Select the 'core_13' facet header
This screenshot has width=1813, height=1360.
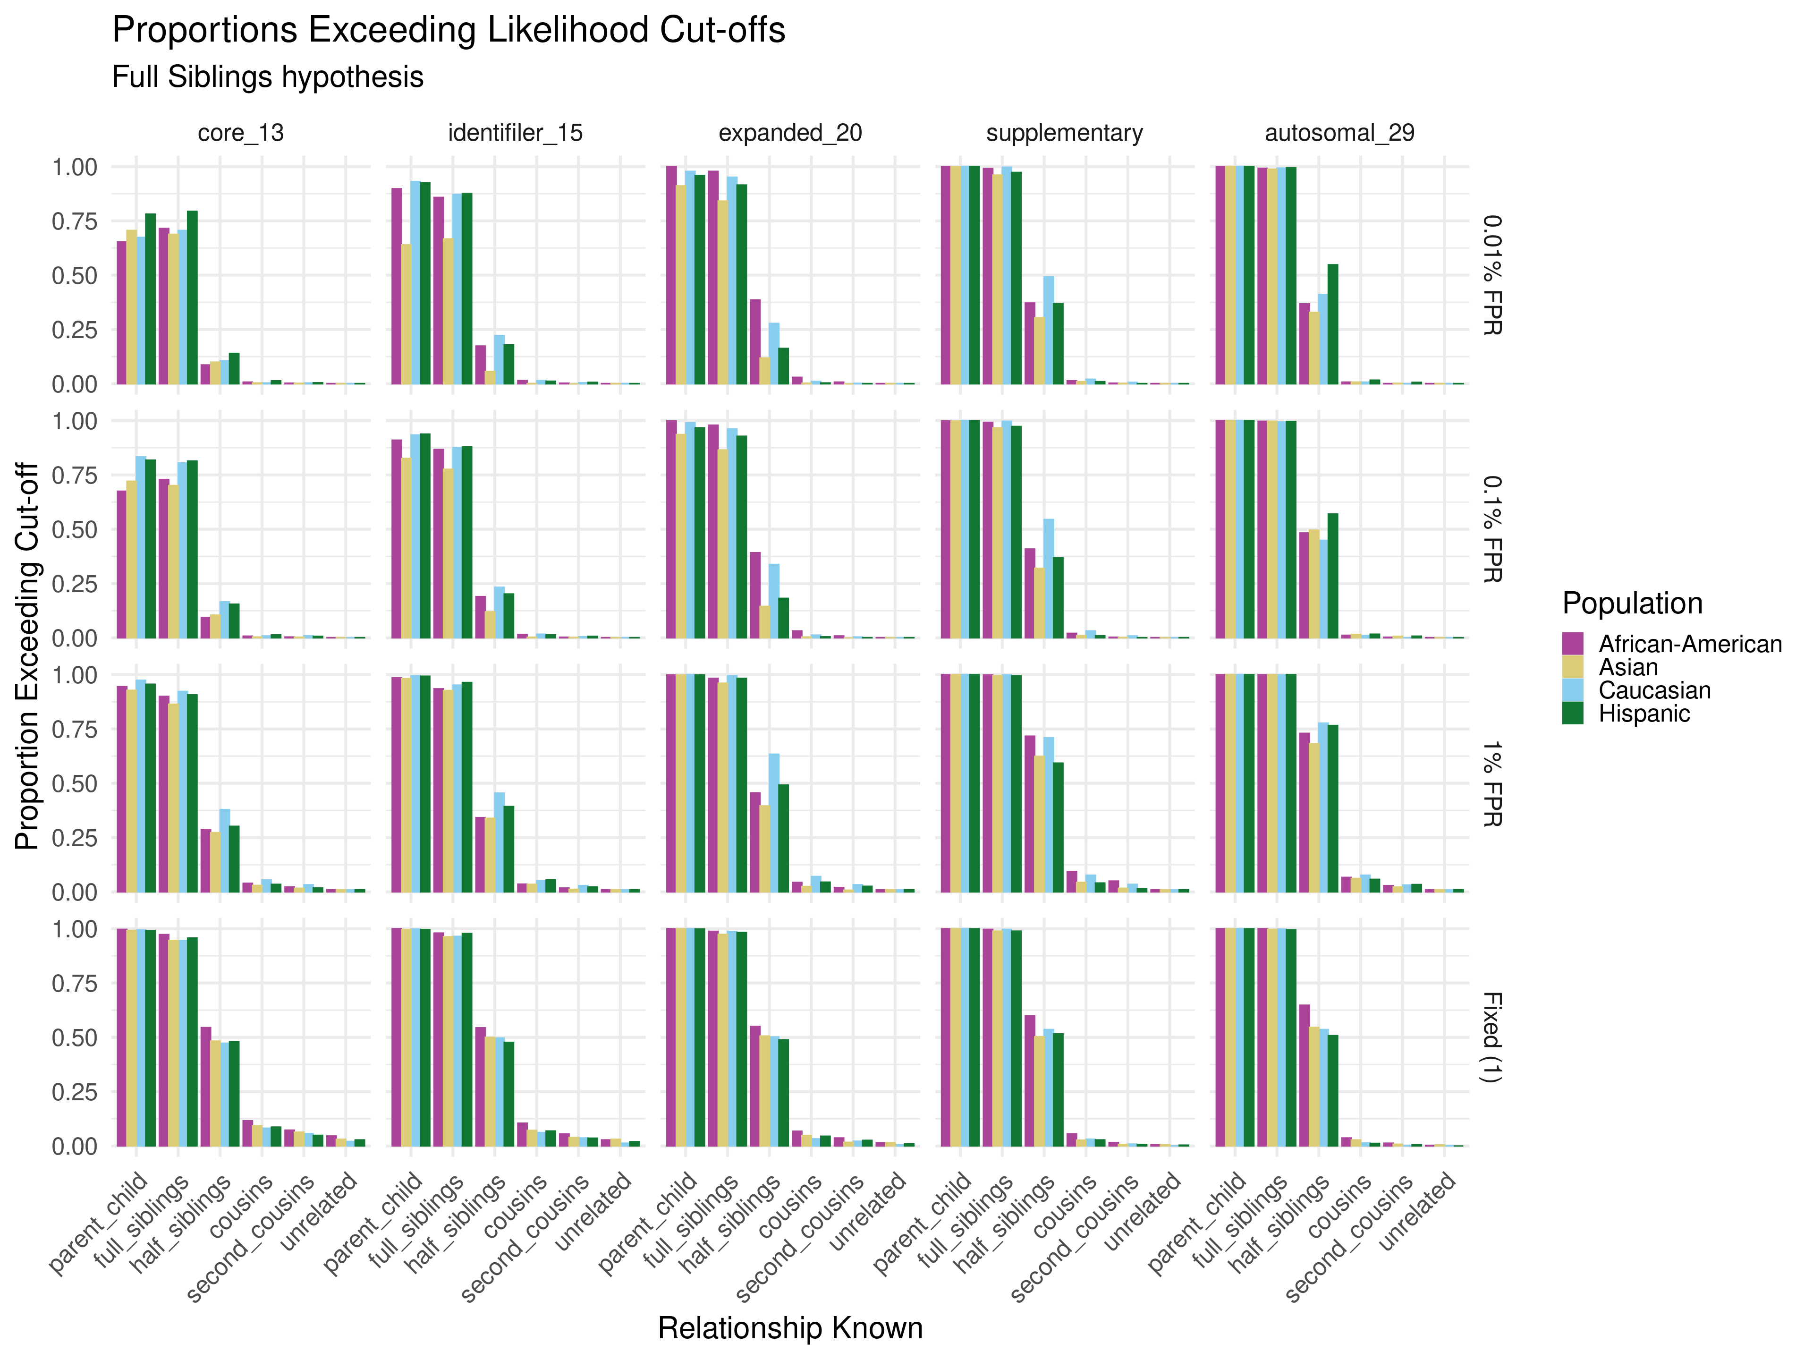(241, 133)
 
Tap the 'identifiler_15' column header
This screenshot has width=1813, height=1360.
(516, 133)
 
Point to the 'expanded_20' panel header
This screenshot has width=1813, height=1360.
(790, 133)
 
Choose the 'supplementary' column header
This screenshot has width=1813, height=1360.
(1065, 133)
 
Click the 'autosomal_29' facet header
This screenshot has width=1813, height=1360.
(1339, 133)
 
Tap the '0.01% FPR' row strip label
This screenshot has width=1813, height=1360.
(1491, 275)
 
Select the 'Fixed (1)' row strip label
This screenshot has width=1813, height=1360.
(1491, 1037)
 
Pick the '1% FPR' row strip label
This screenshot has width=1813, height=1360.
(1491, 784)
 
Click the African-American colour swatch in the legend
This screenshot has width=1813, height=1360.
(1573, 644)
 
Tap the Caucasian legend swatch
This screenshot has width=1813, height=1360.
(1573, 690)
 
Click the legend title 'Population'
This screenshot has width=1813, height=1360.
(1632, 603)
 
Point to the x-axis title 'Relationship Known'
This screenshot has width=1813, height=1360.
(790, 1328)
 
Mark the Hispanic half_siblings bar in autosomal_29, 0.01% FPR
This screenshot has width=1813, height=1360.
(1333, 324)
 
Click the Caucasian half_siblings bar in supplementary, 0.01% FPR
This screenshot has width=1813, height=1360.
(1048, 330)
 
